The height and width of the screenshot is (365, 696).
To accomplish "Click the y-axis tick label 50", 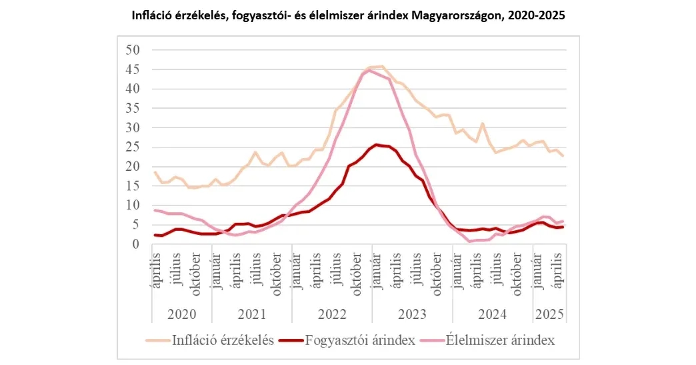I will pos(133,49).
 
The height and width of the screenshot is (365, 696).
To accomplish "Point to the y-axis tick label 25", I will pos(133,147).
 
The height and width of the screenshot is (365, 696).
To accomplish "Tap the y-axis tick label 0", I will pos(137,244).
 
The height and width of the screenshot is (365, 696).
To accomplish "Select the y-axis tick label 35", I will pos(133,108).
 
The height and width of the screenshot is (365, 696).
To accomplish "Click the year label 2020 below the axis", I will pos(181,314).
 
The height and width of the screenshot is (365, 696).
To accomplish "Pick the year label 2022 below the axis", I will pos(331,314).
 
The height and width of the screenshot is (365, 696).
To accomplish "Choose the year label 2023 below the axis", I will pos(412,314).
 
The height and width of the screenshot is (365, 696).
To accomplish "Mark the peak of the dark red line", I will pos(377,144).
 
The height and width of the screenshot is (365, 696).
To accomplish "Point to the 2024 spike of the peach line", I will pos(482,123).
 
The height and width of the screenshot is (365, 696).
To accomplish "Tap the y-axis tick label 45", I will pos(133,69).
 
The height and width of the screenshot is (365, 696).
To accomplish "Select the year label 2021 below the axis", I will pos(251,314).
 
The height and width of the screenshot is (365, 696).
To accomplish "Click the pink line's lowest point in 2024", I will pos(470,241).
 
